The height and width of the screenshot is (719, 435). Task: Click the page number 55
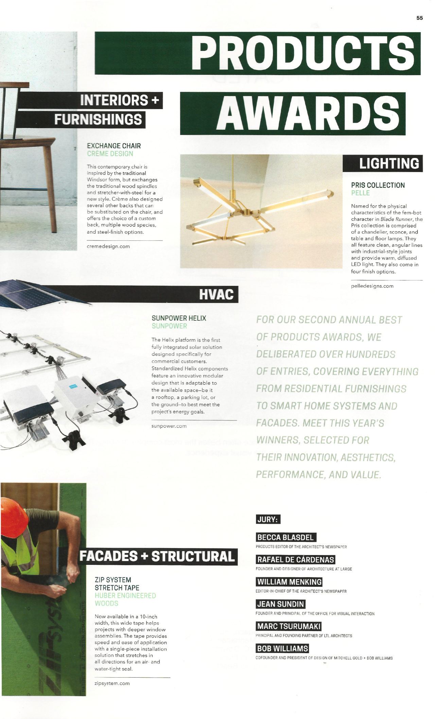click(x=419, y=18)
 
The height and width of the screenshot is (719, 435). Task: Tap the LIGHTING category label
click(x=389, y=164)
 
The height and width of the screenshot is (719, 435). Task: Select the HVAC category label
click(x=216, y=294)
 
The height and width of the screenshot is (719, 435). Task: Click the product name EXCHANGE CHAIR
click(x=114, y=146)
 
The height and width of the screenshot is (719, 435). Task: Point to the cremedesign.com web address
click(x=108, y=246)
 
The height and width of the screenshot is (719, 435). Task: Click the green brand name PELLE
click(x=360, y=193)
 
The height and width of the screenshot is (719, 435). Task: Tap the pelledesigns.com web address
click(x=372, y=286)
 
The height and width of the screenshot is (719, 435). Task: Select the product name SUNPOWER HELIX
click(x=179, y=318)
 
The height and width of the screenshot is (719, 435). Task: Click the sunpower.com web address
click(x=169, y=426)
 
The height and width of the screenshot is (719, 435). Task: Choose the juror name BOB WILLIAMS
click(x=282, y=648)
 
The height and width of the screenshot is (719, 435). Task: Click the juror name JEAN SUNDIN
click(x=281, y=604)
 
